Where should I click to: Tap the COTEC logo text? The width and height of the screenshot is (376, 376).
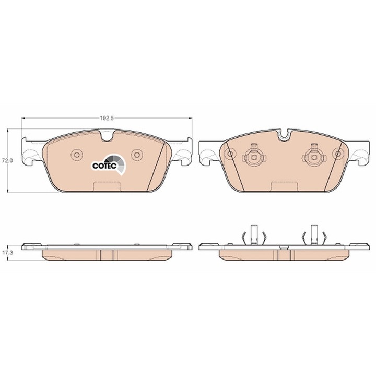[104, 166]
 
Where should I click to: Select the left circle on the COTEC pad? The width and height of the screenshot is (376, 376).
[77, 155]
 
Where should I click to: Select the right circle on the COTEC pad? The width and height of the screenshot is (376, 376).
[137, 155]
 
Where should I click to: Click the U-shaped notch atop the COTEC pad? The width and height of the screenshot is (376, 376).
[107, 136]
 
